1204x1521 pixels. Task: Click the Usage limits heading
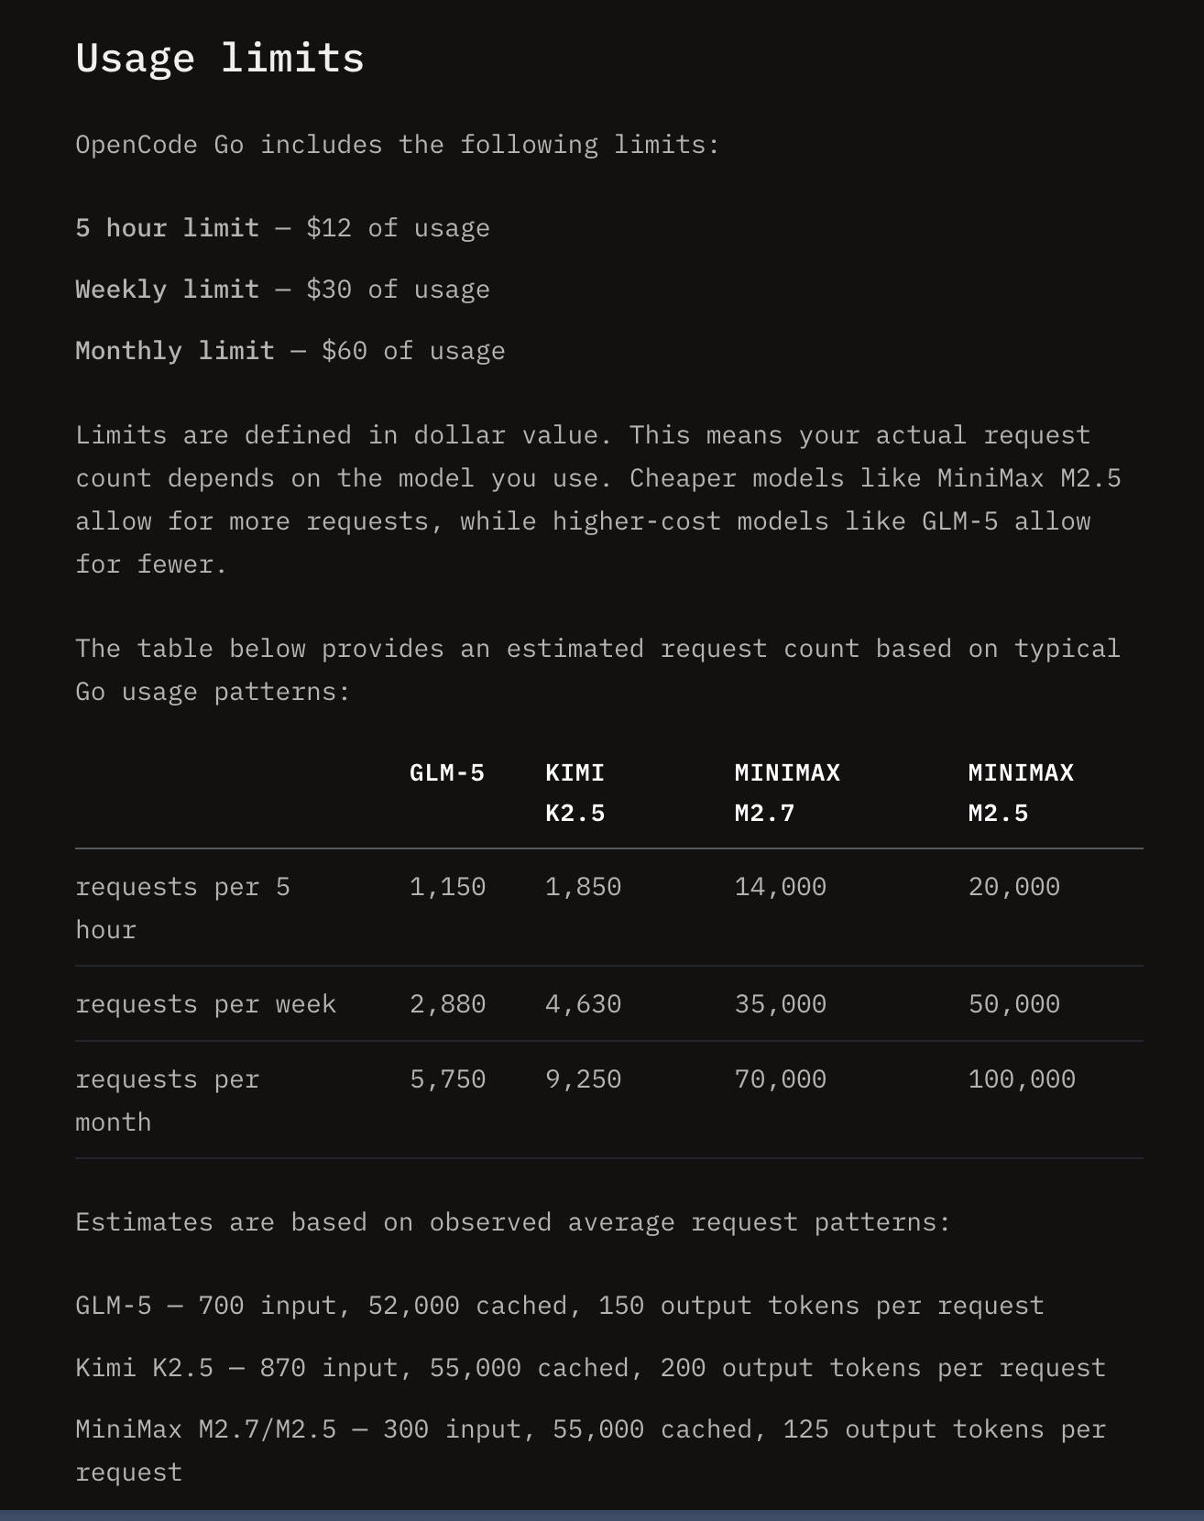(220, 58)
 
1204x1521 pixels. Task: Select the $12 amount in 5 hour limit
(329, 228)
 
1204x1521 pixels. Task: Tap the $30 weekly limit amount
(329, 290)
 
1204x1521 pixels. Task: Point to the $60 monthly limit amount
(345, 351)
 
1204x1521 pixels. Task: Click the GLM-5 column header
(447, 773)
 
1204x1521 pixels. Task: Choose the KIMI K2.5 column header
(575, 793)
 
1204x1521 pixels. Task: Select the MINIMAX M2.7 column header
(787, 793)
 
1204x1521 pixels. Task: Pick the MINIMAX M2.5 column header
(1021, 793)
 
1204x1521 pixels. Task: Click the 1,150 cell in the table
(447, 887)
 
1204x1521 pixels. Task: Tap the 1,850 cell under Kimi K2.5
(583, 887)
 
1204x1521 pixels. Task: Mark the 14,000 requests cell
(780, 887)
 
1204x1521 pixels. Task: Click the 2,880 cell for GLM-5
(447, 1004)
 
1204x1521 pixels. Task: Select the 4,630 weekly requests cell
(583, 1004)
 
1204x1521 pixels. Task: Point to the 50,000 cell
(1013, 1004)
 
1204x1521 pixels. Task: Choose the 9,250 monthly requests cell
(583, 1079)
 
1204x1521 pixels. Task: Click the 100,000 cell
(1022, 1079)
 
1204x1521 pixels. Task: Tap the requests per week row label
(206, 1004)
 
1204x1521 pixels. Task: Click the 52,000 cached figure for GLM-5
(413, 1306)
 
